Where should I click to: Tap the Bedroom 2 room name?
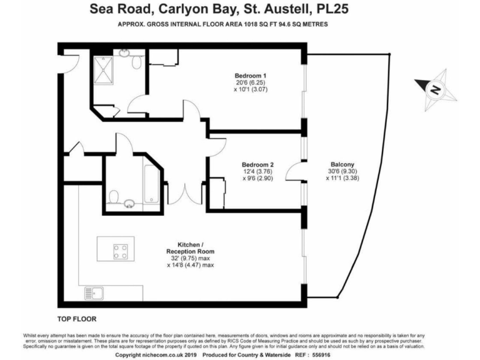coord(259,165)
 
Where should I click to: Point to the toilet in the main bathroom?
coord(114,197)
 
